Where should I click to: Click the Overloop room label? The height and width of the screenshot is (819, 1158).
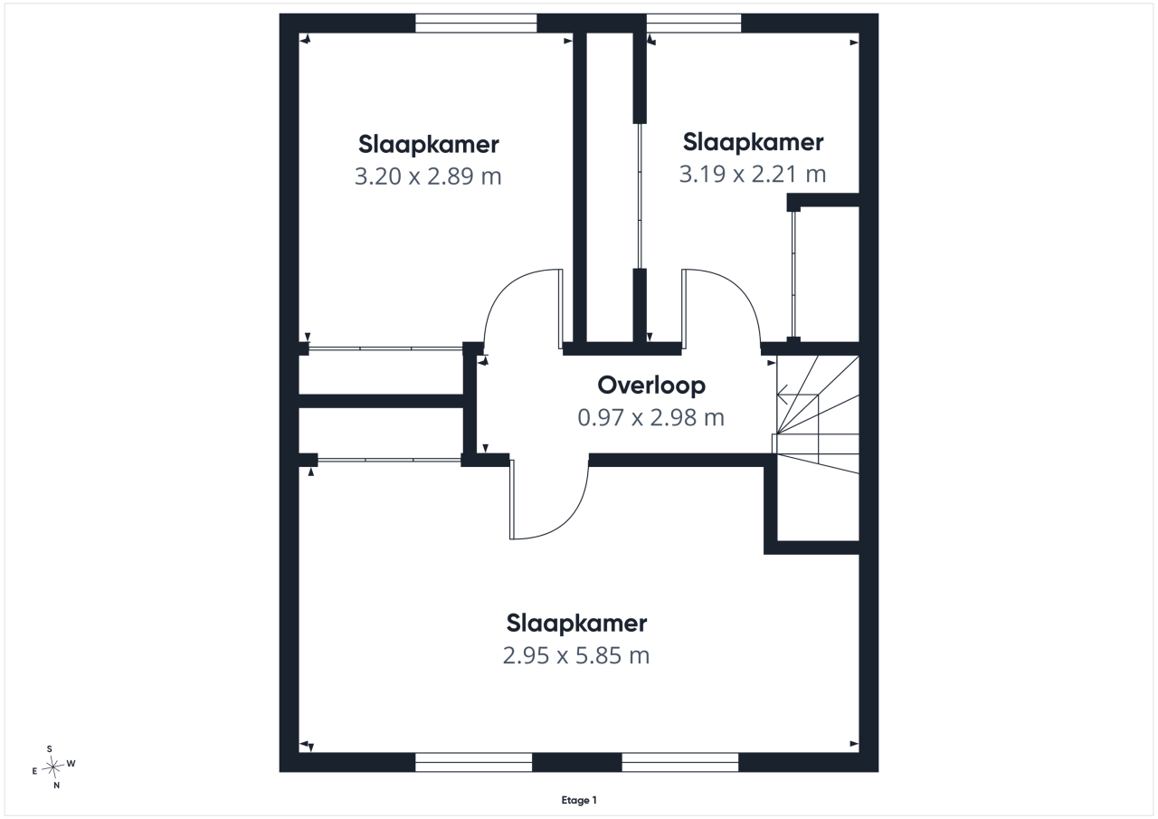[x=651, y=386]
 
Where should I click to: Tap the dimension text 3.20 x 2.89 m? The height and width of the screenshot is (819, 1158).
[x=428, y=176]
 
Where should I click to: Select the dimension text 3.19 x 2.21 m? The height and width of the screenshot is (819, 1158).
[x=753, y=175]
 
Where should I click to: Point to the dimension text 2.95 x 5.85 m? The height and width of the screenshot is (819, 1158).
[x=576, y=655]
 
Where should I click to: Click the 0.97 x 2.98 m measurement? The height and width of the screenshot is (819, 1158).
[x=651, y=418]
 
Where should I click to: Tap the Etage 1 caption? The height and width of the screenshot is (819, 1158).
[x=579, y=800]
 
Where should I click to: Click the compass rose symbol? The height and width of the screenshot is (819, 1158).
[x=52, y=767]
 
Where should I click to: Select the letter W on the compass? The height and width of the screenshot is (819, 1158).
[x=71, y=763]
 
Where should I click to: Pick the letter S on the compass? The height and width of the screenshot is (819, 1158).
[x=50, y=748]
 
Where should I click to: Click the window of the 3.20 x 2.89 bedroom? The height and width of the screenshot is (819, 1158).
[x=476, y=24]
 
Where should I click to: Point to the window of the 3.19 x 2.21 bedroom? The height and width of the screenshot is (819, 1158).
[x=694, y=24]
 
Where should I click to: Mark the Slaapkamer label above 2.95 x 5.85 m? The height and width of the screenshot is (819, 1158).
[x=576, y=624]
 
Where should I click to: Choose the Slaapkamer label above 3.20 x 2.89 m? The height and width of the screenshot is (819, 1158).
[x=429, y=144]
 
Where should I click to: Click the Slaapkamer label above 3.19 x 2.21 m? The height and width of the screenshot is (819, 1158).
[x=754, y=142]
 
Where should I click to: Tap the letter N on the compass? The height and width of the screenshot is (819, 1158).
[x=57, y=786]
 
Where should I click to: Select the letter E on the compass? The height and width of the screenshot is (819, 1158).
[x=34, y=771]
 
